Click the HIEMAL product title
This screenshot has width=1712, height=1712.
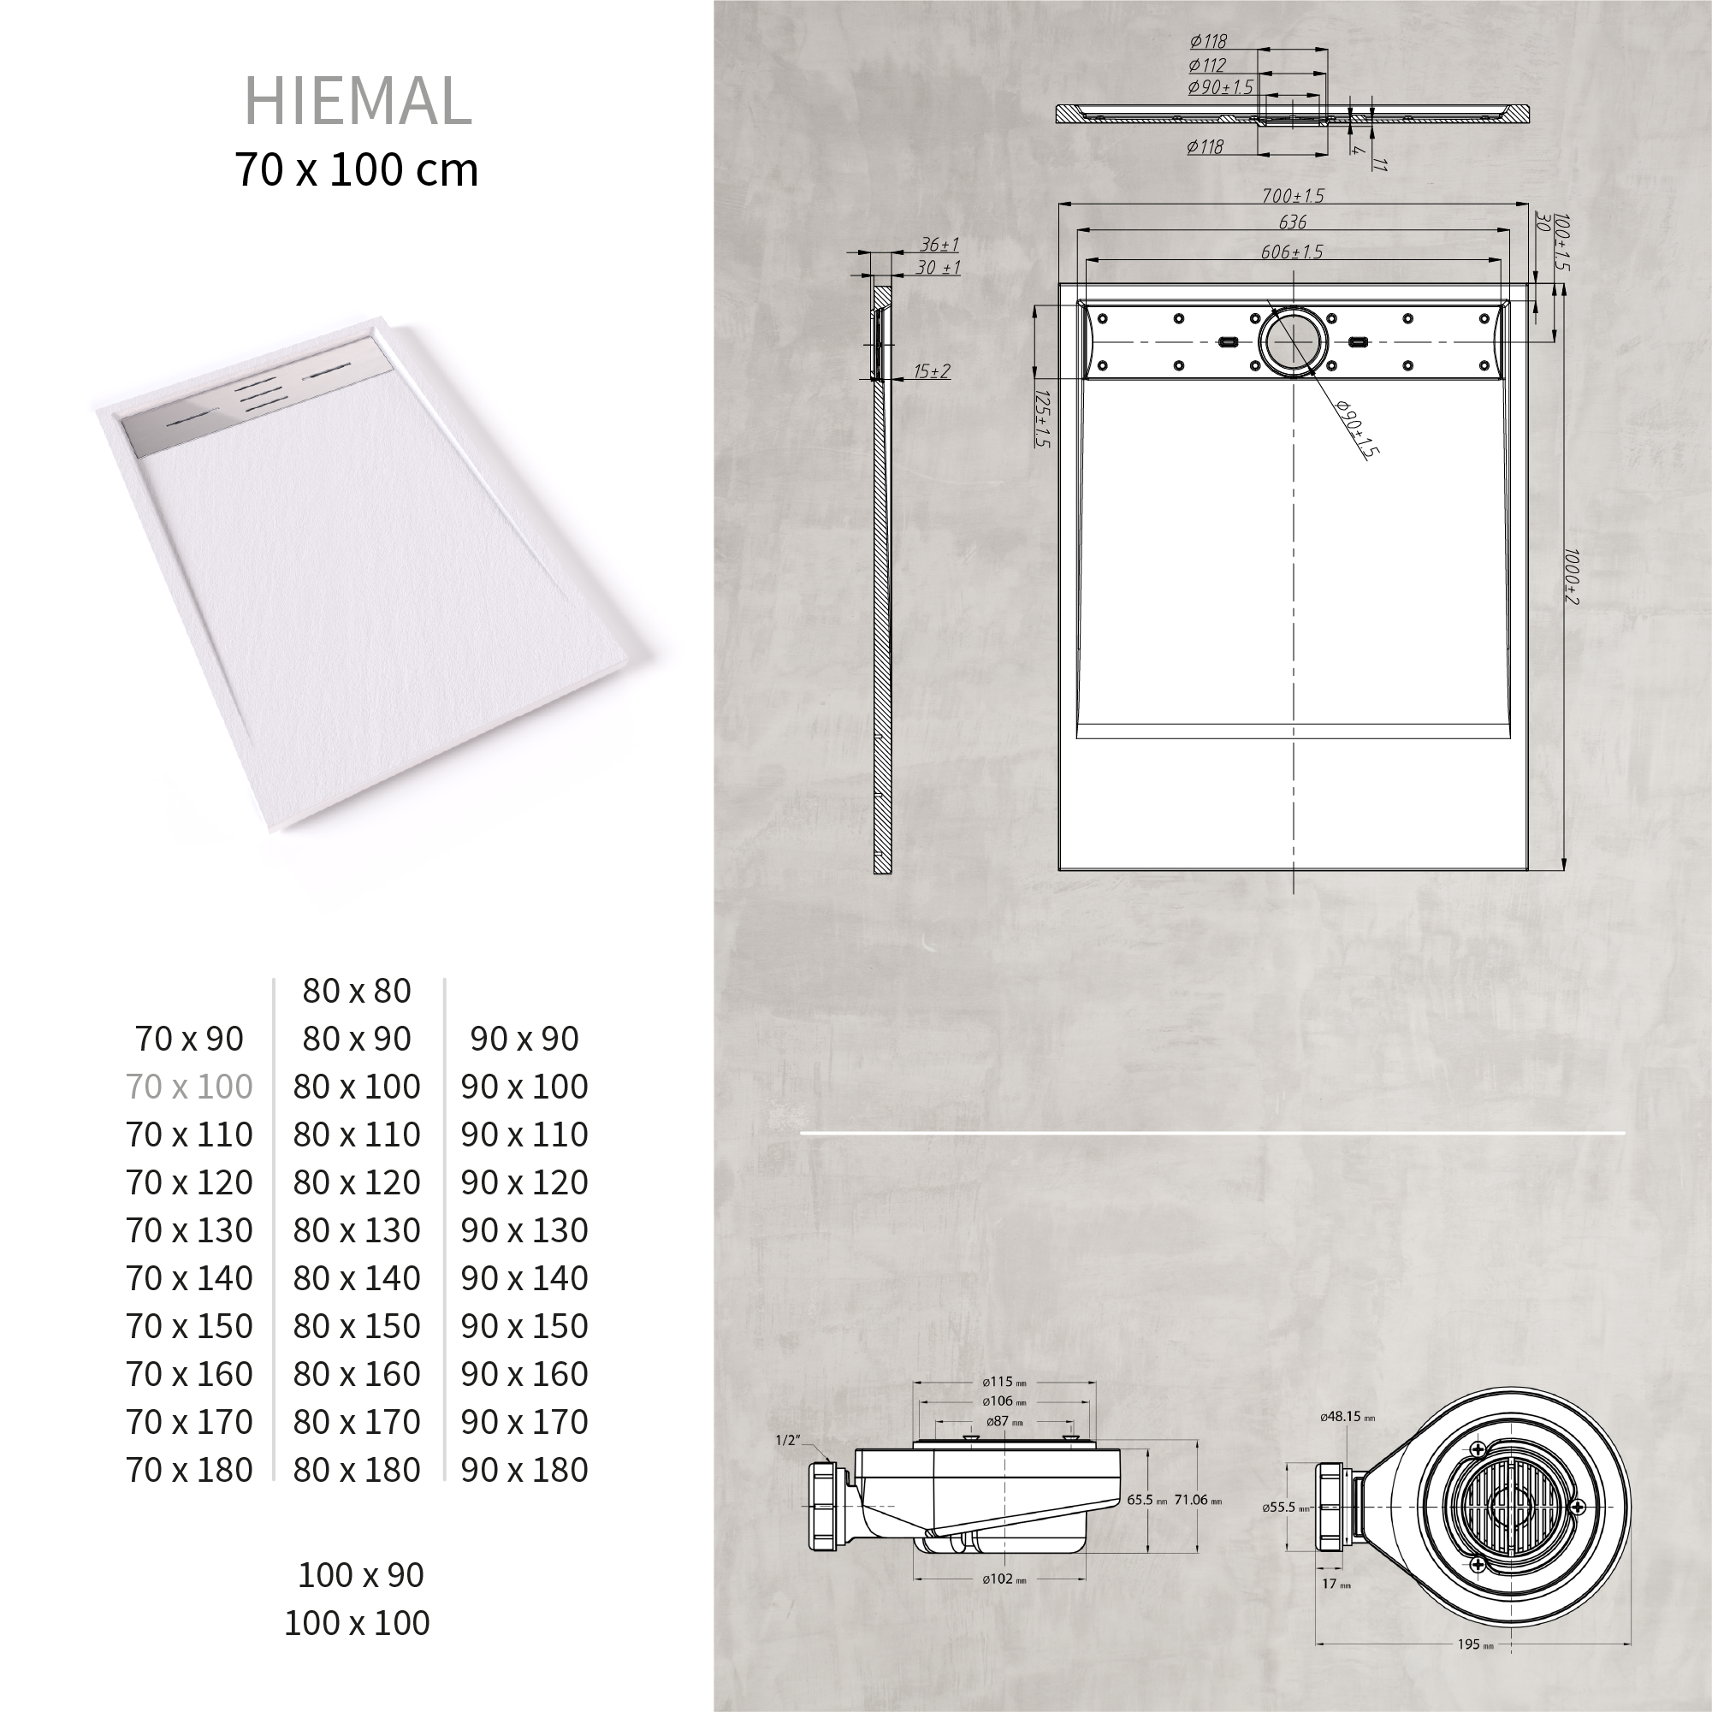pyautogui.click(x=358, y=101)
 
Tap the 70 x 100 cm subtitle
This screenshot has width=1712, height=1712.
pyautogui.click(x=357, y=169)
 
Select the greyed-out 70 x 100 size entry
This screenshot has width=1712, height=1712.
pyautogui.click(x=190, y=1087)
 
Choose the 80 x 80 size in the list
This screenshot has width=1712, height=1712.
pyautogui.click(x=357, y=991)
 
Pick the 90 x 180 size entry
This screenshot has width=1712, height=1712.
pyautogui.click(x=524, y=1470)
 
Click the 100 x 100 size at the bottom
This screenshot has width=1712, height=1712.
pyautogui.click(x=357, y=1622)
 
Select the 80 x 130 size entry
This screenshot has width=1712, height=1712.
pyautogui.click(x=357, y=1230)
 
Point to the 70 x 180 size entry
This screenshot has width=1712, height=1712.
pyautogui.click(x=190, y=1470)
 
